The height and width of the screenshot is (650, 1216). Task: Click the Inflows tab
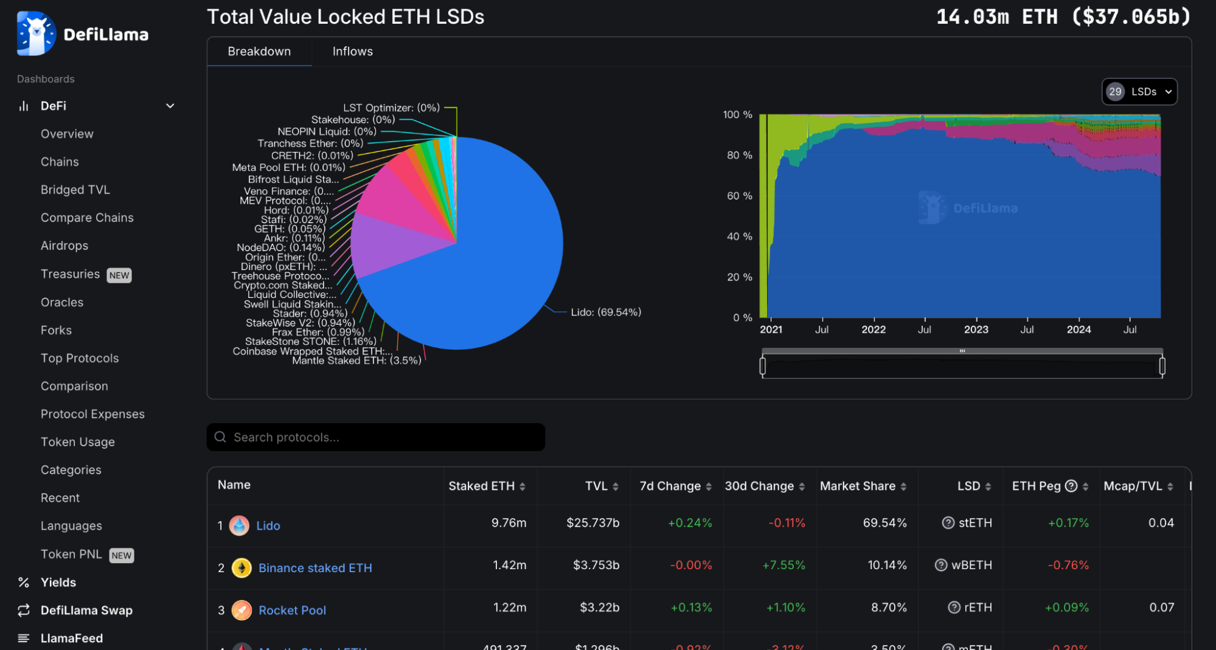click(352, 52)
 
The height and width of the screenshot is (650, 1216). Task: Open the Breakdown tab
click(259, 52)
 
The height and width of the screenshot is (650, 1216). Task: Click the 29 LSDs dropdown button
click(1139, 92)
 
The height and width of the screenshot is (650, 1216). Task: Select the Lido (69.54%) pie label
click(605, 312)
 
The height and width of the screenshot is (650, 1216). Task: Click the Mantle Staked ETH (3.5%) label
click(356, 361)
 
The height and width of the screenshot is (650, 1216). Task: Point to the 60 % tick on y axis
click(739, 196)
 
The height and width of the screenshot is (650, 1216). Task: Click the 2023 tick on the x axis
click(976, 329)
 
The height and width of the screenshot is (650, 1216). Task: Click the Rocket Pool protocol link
click(292, 610)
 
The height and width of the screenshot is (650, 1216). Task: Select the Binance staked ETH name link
click(315, 568)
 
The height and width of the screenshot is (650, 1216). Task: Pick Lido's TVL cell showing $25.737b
click(592, 523)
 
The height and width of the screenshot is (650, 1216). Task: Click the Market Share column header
click(857, 486)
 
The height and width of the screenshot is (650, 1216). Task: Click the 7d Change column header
click(670, 486)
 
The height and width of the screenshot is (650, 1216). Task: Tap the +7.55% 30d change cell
click(783, 565)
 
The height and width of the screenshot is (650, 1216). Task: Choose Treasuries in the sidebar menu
click(70, 274)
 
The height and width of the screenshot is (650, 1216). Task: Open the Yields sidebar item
click(58, 583)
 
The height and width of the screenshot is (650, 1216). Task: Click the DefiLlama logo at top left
click(82, 34)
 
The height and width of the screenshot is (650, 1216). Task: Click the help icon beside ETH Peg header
click(1071, 486)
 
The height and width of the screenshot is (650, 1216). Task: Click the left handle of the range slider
click(763, 366)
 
